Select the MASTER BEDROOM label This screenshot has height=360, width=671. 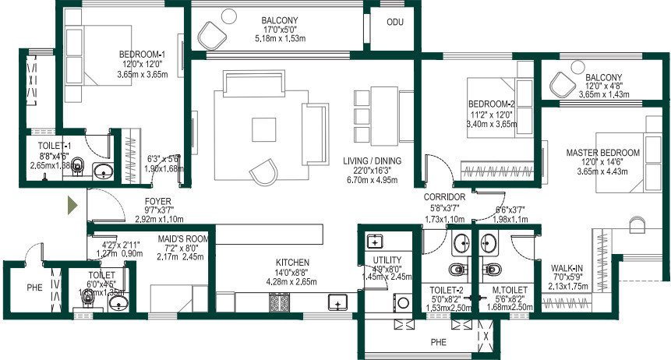tap(602, 152)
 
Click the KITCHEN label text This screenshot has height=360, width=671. tap(292, 262)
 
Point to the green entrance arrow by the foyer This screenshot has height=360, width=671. tap(71, 206)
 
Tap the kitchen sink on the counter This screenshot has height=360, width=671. tap(338, 302)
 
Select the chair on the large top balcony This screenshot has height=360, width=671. tap(212, 34)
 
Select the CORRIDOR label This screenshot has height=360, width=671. tap(445, 197)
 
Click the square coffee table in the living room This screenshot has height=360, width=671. tap(263, 126)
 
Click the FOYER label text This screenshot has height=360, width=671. tap(157, 200)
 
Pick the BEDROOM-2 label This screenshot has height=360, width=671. tap(492, 104)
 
